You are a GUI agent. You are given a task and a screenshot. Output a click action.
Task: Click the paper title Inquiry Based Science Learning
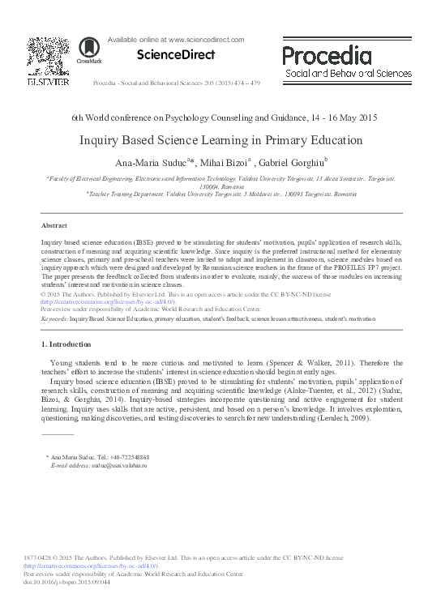coord(220,139)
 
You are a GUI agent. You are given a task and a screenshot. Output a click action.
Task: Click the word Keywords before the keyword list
coord(54,319)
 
